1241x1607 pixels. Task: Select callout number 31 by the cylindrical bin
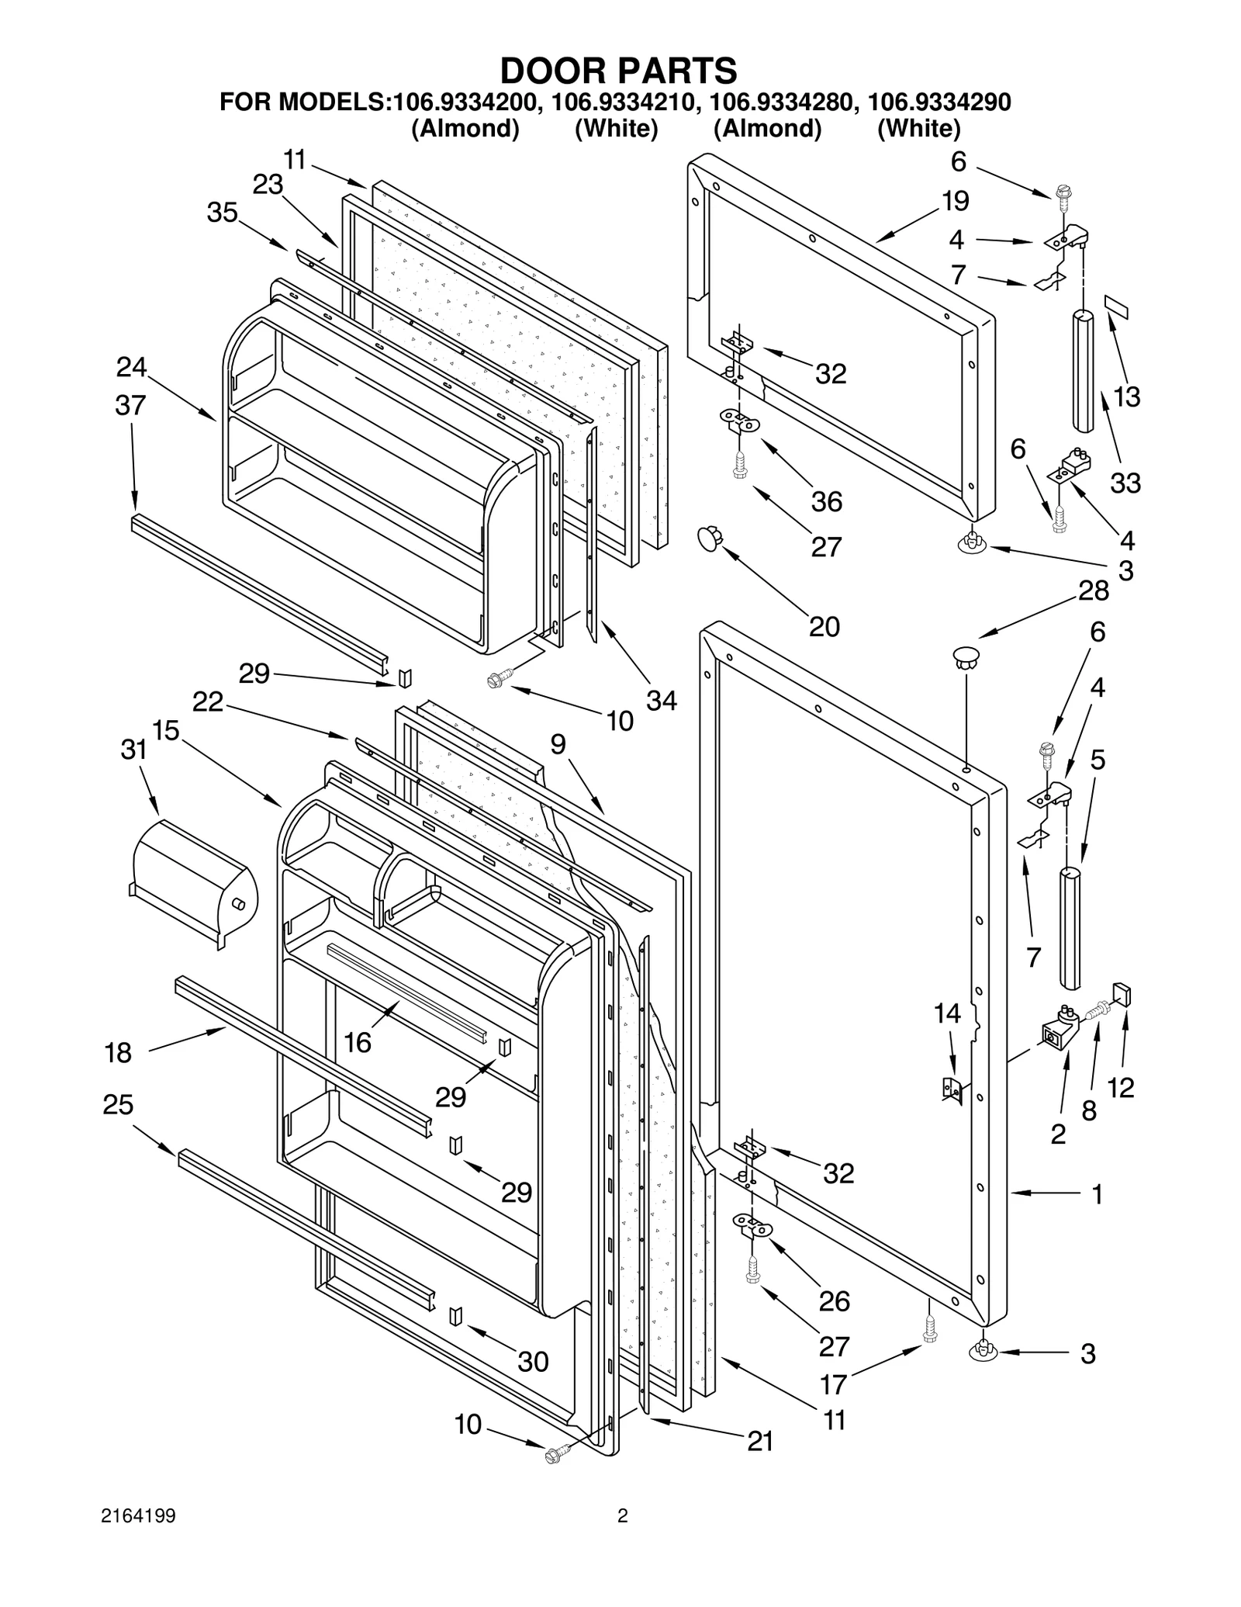pyautogui.click(x=133, y=750)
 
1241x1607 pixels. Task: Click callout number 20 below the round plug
pyautogui.click(x=824, y=626)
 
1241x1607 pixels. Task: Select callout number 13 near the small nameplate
pyautogui.click(x=1126, y=397)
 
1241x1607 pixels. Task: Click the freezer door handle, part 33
pyautogui.click(x=1084, y=371)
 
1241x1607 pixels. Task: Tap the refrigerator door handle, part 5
pyautogui.click(x=1070, y=927)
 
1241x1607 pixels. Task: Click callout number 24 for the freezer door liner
pyautogui.click(x=131, y=367)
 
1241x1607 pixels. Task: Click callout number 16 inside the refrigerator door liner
pyautogui.click(x=358, y=1042)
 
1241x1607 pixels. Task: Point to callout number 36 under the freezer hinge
pyautogui.click(x=826, y=501)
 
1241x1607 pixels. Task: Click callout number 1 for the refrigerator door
pyautogui.click(x=1097, y=1194)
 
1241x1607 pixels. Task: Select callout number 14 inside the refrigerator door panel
pyautogui.click(x=947, y=1013)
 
